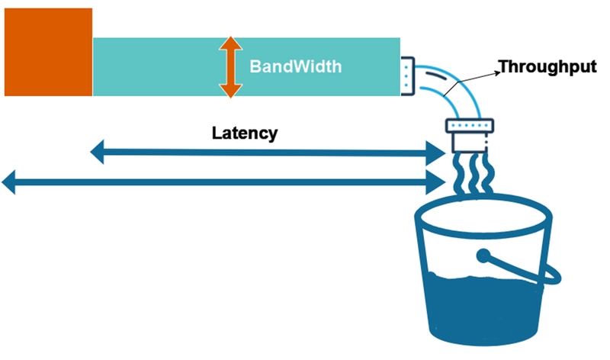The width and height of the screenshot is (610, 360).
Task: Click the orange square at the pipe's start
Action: click(49, 52)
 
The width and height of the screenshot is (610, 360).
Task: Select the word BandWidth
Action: click(295, 66)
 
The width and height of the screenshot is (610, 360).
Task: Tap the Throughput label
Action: click(546, 67)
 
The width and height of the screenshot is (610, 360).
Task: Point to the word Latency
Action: click(244, 133)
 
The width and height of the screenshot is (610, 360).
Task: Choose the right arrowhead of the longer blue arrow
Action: click(438, 182)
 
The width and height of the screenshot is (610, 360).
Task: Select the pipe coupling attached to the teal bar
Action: click(406, 76)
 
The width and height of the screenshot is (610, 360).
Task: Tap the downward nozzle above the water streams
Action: click(466, 137)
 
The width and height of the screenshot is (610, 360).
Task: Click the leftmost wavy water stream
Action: click(458, 175)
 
